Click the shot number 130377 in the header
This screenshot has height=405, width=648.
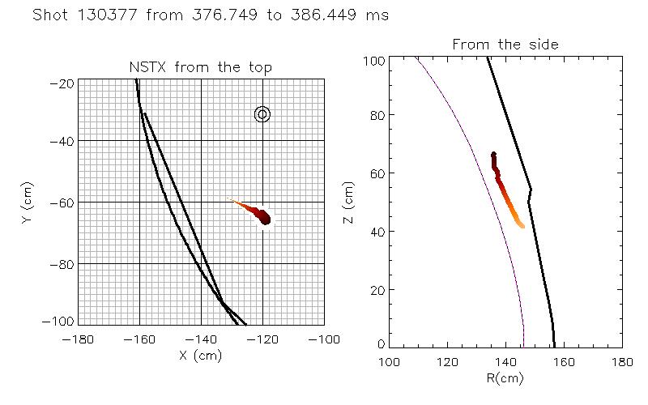116,15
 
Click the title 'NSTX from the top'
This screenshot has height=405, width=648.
201,68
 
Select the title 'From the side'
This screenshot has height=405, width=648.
505,45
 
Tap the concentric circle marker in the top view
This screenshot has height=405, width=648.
262,114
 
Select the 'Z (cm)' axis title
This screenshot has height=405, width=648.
349,202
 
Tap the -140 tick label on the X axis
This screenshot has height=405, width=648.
201,339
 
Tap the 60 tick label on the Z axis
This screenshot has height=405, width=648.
373,173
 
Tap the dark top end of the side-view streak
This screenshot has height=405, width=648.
493,155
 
